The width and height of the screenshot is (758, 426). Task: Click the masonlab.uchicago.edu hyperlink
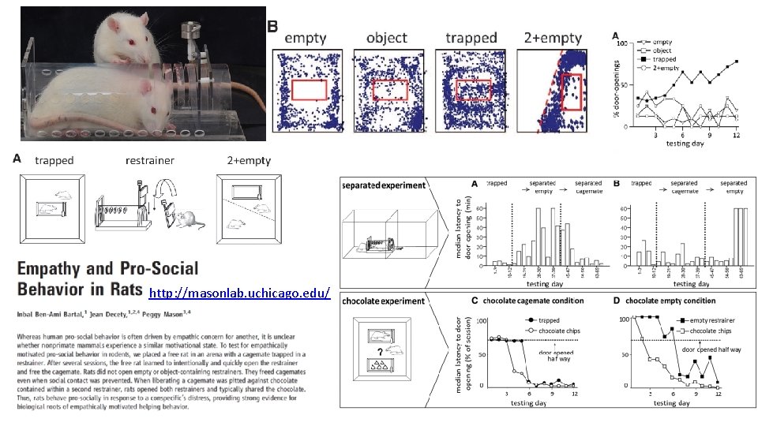(x=238, y=293)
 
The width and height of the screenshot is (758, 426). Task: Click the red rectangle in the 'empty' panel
(x=309, y=90)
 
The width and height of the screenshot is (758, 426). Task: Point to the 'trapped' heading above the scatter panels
(x=471, y=37)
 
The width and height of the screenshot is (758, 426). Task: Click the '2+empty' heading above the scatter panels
(x=553, y=37)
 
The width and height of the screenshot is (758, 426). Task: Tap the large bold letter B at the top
(x=272, y=26)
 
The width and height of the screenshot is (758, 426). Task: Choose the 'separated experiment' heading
(x=384, y=185)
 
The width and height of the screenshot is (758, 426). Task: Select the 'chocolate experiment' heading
(x=384, y=301)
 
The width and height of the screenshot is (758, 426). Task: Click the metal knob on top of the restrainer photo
(x=188, y=32)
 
